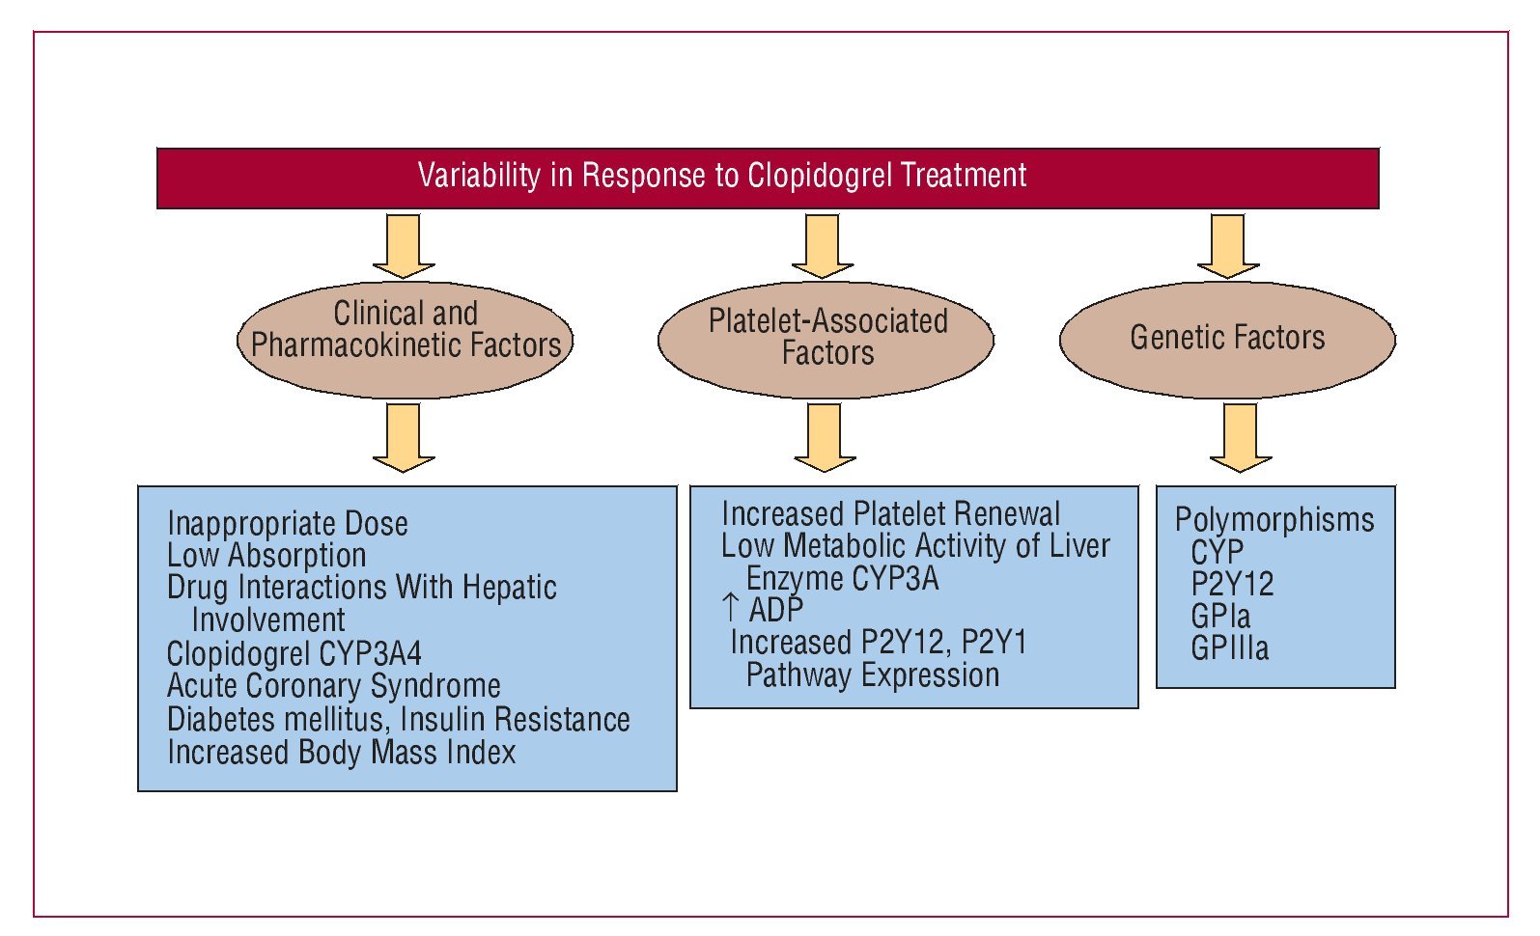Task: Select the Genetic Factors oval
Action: click(1227, 340)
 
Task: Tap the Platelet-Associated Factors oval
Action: click(826, 340)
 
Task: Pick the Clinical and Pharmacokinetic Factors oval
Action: click(405, 340)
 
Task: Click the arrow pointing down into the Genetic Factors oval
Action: click(1228, 246)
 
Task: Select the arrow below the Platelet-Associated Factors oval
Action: click(825, 438)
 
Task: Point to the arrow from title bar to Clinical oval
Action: click(404, 246)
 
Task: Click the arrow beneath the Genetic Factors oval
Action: click(1241, 438)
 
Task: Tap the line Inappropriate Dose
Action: click(288, 524)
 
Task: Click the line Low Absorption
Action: click(266, 555)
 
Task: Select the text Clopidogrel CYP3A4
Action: click(294, 653)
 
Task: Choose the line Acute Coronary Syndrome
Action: click(334, 686)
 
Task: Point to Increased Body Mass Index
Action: click(342, 752)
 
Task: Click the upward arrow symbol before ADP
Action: click(730, 608)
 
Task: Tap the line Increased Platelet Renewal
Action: click(890, 514)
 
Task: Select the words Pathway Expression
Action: click(873, 674)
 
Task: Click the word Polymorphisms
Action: click(1274, 520)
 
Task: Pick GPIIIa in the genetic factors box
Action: click(1230, 648)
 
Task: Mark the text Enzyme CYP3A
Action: click(842, 579)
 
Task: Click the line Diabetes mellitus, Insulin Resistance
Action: click(399, 720)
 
